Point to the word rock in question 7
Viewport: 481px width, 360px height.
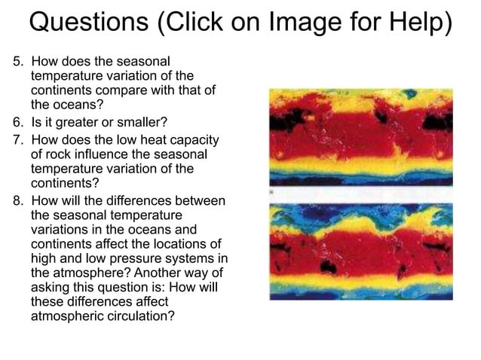click(57, 154)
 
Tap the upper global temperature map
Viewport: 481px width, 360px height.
click(361, 138)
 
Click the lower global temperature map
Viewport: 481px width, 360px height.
click(361, 252)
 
